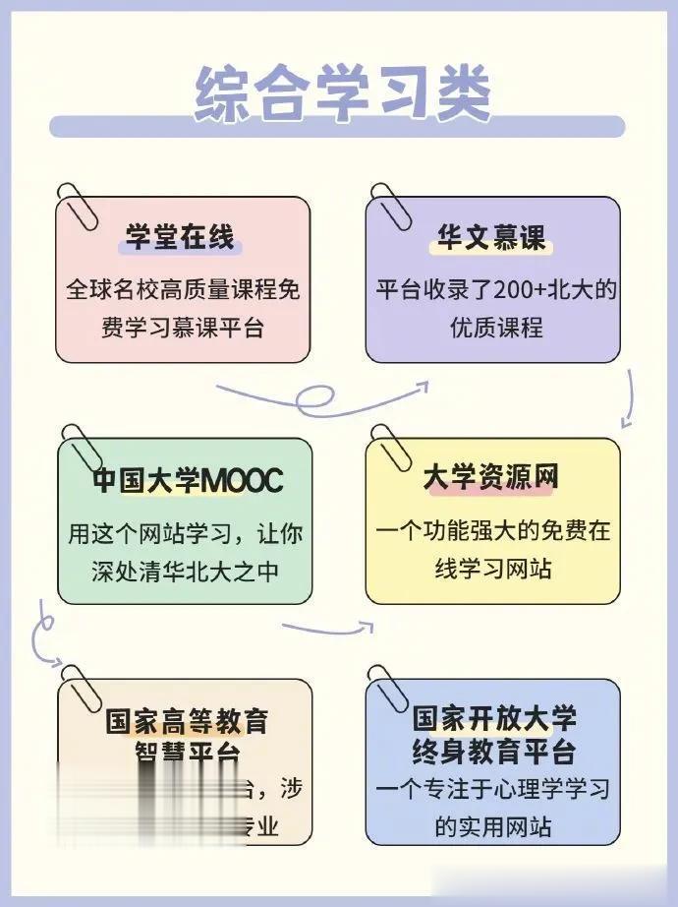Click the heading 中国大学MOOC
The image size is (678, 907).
coord(187,481)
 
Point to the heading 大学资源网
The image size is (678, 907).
coord(491,478)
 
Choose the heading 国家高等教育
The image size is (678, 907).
coord(187,722)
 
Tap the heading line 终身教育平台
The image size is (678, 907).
coord(493,754)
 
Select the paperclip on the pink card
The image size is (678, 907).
coord(78,202)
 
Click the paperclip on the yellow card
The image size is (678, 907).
coord(390,445)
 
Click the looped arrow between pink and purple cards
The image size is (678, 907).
coord(319,396)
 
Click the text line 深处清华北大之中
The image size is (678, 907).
coord(185,570)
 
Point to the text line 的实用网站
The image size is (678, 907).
coord(493,824)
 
